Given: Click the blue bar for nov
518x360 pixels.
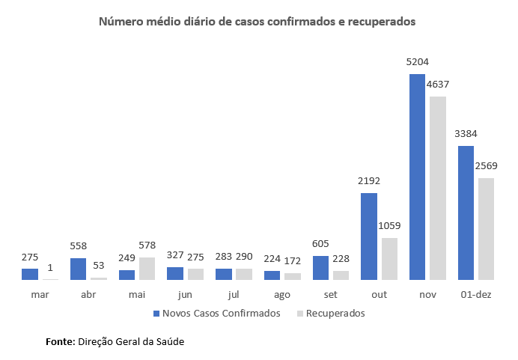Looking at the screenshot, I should [x=417, y=177].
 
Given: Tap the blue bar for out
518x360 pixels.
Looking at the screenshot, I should [x=369, y=237].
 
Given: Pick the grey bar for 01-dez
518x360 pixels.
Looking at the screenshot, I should [x=486, y=228].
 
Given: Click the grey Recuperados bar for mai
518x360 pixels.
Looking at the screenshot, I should [x=146, y=269].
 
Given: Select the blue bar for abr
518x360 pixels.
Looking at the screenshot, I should [x=78, y=269].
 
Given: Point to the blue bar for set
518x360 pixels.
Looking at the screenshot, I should [x=320, y=268].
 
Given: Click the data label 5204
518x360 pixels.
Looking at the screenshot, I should [x=417, y=62].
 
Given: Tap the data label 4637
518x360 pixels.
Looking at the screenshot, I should [x=437, y=85].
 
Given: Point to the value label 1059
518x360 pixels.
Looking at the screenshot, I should [x=389, y=226].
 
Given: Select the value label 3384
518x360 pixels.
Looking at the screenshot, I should [x=466, y=134].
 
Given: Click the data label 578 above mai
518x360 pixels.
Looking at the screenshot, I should [x=147, y=245].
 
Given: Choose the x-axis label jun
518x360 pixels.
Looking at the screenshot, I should [x=185, y=294].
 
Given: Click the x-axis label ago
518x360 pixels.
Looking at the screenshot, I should [x=282, y=294].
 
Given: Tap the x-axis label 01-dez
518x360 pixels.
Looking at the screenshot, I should [x=475, y=294].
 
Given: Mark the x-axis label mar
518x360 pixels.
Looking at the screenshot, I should [x=40, y=294].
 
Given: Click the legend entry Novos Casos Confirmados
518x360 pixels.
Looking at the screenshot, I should [x=216, y=314].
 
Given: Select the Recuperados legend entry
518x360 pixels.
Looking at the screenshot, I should [x=335, y=314].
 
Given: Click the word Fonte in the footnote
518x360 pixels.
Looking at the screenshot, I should [x=60, y=341].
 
